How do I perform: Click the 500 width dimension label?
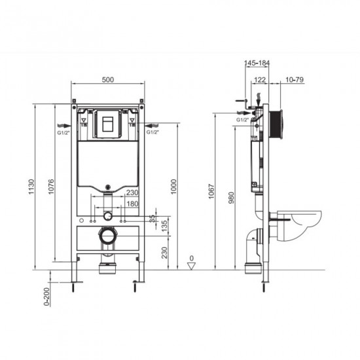(x=108, y=80)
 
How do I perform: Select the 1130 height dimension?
(x=31, y=187)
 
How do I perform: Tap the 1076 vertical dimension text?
(x=51, y=187)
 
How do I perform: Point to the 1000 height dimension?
(x=174, y=187)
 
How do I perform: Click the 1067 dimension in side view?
(x=211, y=191)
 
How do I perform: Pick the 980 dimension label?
(x=232, y=198)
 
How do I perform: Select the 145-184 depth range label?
(x=257, y=63)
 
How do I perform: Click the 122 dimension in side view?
(x=260, y=80)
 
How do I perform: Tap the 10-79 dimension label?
(x=295, y=80)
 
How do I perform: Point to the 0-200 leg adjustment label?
(x=46, y=297)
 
